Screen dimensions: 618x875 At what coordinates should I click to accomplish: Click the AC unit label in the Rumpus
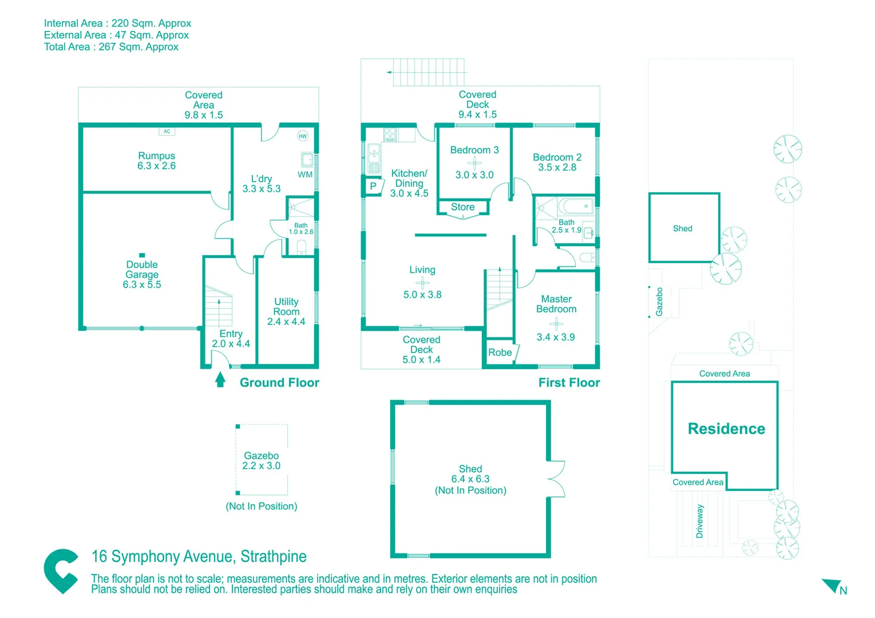coord(167,132)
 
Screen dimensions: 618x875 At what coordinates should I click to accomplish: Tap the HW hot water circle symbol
coord(303,136)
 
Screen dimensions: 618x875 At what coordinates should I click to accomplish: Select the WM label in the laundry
coord(305,175)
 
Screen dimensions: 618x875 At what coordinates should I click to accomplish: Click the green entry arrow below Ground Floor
coord(220,380)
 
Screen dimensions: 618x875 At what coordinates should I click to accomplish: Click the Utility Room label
coord(286,307)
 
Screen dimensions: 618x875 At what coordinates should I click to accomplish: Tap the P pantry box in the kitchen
coord(373,186)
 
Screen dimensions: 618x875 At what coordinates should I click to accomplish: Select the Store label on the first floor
coord(462,207)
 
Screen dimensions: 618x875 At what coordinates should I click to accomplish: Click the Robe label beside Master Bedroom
coord(500,352)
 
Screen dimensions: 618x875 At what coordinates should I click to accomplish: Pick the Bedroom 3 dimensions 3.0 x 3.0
coord(474,175)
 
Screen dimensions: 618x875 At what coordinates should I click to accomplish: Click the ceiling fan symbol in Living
coord(422,282)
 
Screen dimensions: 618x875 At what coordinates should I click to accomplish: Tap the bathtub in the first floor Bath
coord(576,207)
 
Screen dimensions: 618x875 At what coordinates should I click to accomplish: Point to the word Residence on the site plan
coord(726,429)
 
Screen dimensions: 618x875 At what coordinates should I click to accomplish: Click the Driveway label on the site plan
coord(699,521)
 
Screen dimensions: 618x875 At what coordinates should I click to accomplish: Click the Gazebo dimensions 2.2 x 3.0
coord(262,466)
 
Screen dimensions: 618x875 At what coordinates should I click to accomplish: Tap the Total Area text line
coord(111,47)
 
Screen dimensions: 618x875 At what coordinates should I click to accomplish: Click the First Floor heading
coord(569,383)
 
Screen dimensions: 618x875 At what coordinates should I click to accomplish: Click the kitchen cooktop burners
coord(390,135)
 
